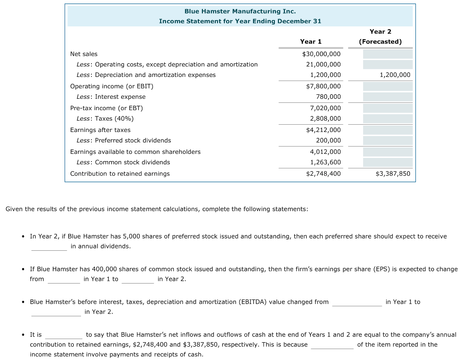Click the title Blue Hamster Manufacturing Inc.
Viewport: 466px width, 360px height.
(240, 11)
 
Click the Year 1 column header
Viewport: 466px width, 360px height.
(310, 41)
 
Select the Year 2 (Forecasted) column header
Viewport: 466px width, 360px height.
(380, 36)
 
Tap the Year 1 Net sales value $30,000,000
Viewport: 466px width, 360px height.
(321, 54)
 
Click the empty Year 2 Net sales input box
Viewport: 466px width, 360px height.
(387, 54)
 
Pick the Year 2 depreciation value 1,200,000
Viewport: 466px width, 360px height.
(395, 75)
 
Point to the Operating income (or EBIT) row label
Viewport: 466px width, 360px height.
(111, 86)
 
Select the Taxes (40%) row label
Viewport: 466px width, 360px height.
(105, 118)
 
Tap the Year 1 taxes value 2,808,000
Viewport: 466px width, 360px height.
(325, 118)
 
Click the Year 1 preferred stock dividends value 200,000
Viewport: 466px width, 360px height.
(328, 140)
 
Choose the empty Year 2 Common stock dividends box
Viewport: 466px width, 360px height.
(387, 162)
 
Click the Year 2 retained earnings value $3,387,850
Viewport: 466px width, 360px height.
(393, 173)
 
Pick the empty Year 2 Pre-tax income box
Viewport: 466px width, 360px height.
(387, 108)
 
